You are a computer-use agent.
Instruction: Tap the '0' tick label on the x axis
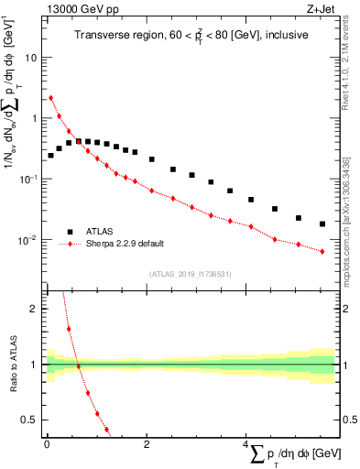(47, 444)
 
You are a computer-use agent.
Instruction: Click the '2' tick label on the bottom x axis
(147, 444)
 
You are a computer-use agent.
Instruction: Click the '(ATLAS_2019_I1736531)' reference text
(190, 274)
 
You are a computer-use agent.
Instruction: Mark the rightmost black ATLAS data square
(322, 224)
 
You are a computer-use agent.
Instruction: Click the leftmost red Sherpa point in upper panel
(50, 98)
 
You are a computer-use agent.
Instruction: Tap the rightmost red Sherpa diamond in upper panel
(322, 251)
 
